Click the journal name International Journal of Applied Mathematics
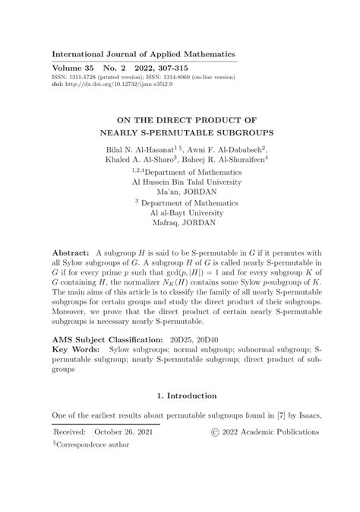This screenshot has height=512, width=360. (144, 54)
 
